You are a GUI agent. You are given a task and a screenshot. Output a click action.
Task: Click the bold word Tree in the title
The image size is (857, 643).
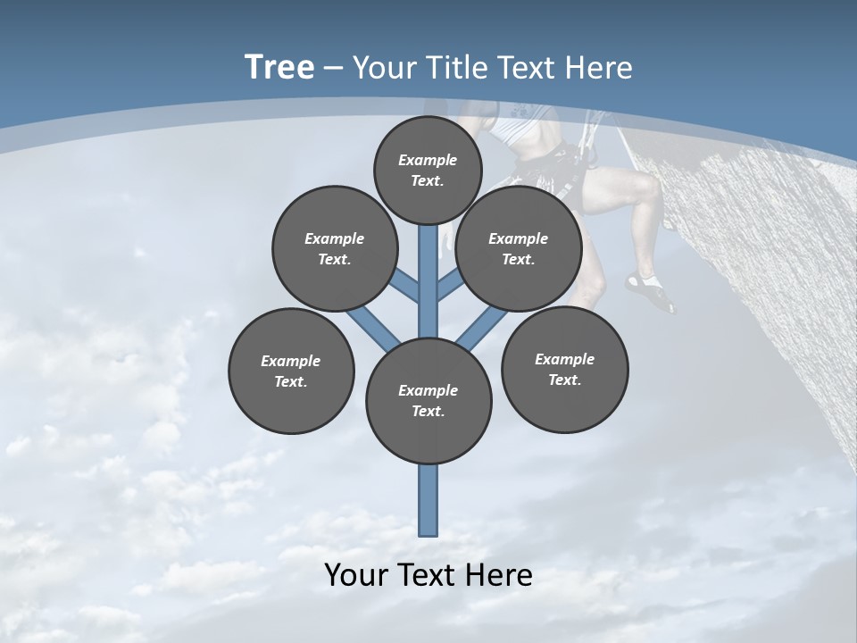[x=279, y=68]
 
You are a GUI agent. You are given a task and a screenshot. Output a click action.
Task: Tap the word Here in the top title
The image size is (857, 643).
[x=599, y=68]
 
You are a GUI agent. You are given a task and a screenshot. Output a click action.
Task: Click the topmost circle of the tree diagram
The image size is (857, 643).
[x=428, y=170]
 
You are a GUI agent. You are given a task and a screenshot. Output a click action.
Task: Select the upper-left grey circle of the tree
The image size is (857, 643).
[x=335, y=248]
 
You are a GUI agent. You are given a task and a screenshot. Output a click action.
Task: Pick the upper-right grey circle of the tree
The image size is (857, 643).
[x=519, y=248]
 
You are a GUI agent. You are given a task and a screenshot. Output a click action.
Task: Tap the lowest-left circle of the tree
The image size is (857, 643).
[x=291, y=371]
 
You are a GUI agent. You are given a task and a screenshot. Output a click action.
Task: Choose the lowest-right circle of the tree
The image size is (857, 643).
[x=564, y=369]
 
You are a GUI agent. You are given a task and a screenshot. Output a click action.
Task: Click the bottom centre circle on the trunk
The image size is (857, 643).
[x=428, y=401]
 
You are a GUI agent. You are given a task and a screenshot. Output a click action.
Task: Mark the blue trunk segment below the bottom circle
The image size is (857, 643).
[x=428, y=500]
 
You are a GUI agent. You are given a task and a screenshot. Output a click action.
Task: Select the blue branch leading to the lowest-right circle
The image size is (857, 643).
[x=482, y=329]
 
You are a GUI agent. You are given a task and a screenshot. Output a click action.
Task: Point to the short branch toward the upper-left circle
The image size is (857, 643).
[x=406, y=285]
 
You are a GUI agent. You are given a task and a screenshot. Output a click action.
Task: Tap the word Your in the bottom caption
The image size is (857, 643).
[x=355, y=575]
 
